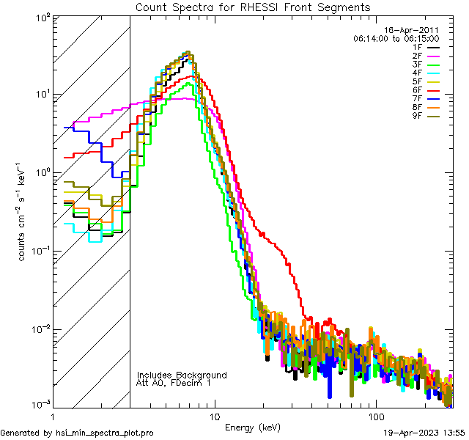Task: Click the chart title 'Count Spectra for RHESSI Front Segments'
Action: [x=253, y=7]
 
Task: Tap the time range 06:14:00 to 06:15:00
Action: [x=396, y=38]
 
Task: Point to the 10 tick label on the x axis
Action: [x=214, y=417]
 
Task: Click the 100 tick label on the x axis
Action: [x=375, y=417]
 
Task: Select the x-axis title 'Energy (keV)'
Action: [x=252, y=427]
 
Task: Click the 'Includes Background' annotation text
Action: [x=182, y=375]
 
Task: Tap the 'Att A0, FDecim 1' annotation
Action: [x=174, y=383]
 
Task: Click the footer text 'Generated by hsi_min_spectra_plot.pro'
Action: [x=77, y=433]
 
